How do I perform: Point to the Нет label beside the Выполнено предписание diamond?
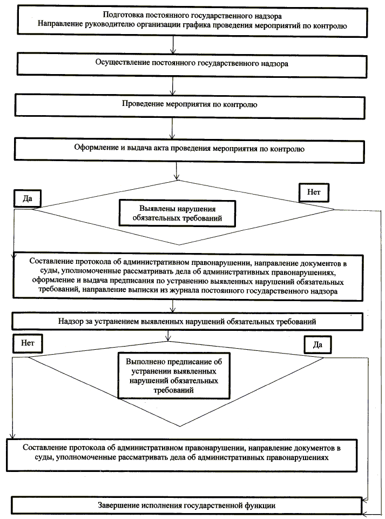(x=28, y=343)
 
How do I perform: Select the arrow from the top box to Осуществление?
(x=172, y=43)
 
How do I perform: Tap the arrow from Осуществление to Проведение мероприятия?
(x=172, y=85)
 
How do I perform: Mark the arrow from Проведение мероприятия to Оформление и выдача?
(x=172, y=128)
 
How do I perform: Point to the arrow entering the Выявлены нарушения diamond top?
(x=178, y=171)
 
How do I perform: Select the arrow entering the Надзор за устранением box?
(x=172, y=306)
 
